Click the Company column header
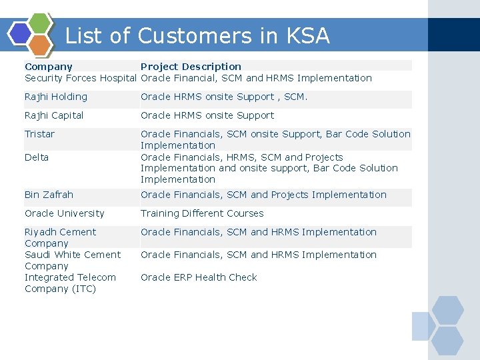pyautogui.click(x=49, y=67)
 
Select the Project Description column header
pyautogui.click(x=191, y=67)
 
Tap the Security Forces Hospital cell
pyautogui.click(x=80, y=78)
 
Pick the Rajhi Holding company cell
pyautogui.click(x=56, y=97)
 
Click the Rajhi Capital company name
pyautogui.click(x=54, y=115)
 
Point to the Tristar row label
pyautogui.click(x=40, y=134)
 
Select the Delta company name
pyautogui.click(x=37, y=157)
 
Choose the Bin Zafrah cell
pyautogui.click(x=49, y=195)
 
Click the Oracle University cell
pyautogui.click(x=65, y=213)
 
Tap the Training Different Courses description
pyautogui.click(x=202, y=213)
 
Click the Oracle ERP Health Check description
pyautogui.click(x=199, y=277)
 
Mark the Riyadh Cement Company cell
pyautogui.click(x=60, y=237)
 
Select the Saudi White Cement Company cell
pyautogui.click(x=72, y=260)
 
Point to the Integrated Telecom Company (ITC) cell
pyautogui.click(x=70, y=283)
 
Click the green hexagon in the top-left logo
pyautogui.click(x=40, y=23)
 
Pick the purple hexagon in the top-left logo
pyautogui.click(x=21, y=33)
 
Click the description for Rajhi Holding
pyautogui.click(x=224, y=97)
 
